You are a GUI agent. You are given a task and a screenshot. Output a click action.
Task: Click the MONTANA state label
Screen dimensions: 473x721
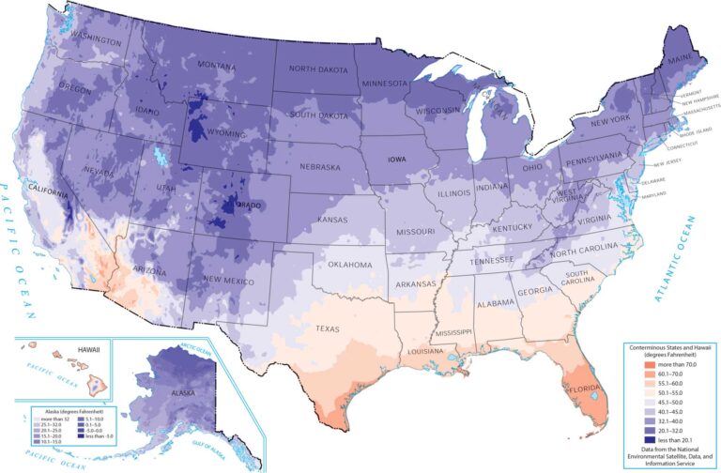point(216,65)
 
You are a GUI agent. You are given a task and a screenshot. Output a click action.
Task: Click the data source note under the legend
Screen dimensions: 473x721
point(668,455)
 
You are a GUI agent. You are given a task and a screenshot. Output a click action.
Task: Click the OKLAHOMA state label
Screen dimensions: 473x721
point(349,265)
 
